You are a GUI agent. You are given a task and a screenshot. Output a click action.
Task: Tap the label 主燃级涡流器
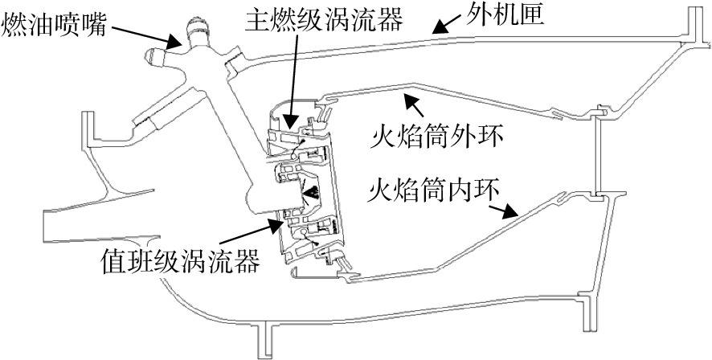tap(323, 20)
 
